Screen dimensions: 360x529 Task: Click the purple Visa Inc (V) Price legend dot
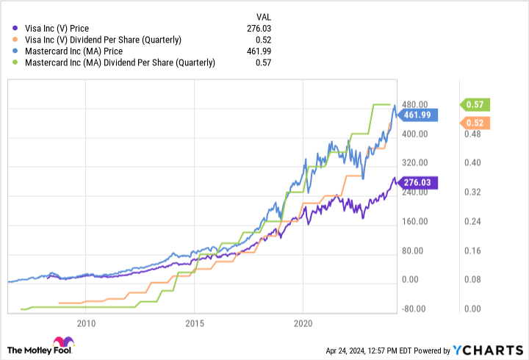15,28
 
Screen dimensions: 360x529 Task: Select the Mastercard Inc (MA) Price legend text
73,51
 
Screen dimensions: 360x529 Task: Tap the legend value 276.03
261,28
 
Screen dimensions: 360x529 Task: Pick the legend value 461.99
261,51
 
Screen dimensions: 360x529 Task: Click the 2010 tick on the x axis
86,323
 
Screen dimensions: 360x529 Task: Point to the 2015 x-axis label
195,323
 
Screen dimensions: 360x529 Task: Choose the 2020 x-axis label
303,323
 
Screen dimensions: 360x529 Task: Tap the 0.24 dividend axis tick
472,221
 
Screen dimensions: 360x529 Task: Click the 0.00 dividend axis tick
472,309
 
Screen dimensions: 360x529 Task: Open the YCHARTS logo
494,349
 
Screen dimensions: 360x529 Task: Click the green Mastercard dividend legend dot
15,63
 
